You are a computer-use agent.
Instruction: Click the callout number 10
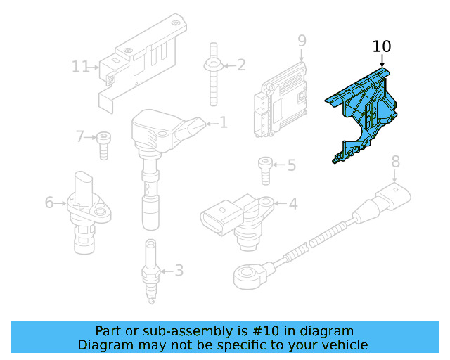[382, 47]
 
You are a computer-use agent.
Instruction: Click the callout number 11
[81, 67]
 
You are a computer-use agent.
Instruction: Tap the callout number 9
[302, 40]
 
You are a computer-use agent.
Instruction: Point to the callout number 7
[80, 136]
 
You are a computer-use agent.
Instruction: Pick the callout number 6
[49, 202]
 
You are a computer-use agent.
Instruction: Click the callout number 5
[291, 166]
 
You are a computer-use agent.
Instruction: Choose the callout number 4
[293, 204]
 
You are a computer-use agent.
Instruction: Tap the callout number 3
[179, 270]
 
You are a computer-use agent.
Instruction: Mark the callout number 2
[241, 65]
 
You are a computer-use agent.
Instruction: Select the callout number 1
[224, 123]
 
